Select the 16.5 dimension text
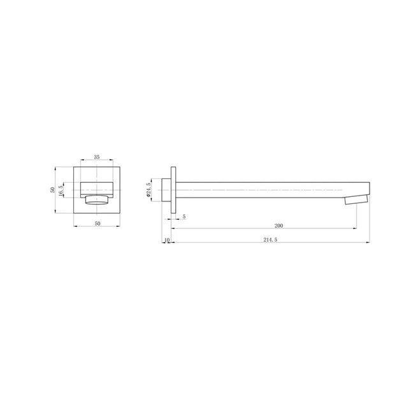[x=61, y=191]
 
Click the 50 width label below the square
[x=97, y=223]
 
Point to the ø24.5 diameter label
[x=148, y=190]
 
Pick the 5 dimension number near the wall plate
[x=184, y=217]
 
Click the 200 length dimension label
[x=278, y=226]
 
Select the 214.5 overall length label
[x=271, y=240]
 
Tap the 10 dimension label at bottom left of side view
[x=166, y=240]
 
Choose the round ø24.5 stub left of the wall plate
[x=166, y=190]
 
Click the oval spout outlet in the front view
[x=97, y=201]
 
